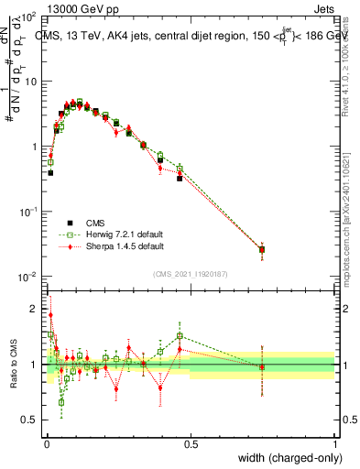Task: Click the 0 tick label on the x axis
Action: [46, 444]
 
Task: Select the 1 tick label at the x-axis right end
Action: [335, 444]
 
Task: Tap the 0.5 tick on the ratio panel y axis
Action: [29, 420]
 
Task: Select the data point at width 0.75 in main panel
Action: [262, 249]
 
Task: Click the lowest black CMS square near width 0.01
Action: [50, 172]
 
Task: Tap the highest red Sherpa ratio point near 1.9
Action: [50, 315]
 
